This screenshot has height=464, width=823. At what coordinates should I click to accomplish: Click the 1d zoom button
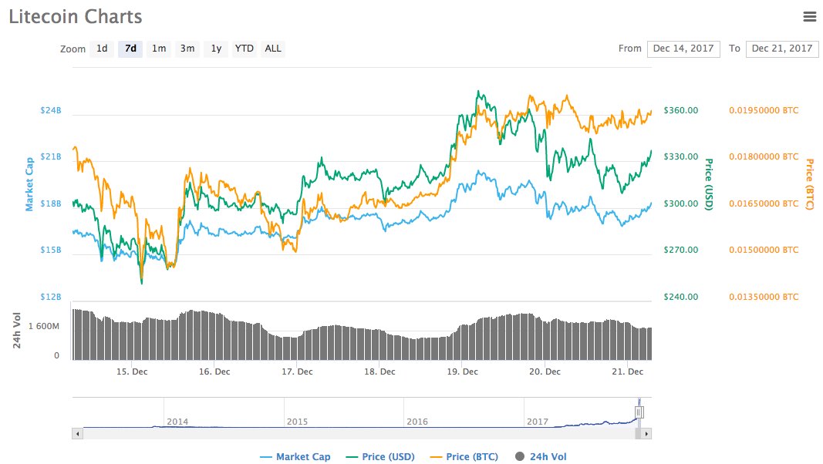click(102, 49)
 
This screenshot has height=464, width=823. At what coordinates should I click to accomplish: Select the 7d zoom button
click(130, 49)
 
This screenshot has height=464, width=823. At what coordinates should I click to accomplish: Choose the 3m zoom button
click(187, 49)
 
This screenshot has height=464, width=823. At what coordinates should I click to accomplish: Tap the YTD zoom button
click(245, 49)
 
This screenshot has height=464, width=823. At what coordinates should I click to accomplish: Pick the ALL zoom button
click(273, 49)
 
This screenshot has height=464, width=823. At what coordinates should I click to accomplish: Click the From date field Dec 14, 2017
click(683, 49)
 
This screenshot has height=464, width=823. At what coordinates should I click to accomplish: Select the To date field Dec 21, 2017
click(782, 49)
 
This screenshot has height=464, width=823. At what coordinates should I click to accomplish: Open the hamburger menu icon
click(809, 16)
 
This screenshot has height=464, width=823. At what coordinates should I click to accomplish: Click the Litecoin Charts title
click(76, 16)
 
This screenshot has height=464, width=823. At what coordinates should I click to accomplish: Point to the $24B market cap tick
click(51, 110)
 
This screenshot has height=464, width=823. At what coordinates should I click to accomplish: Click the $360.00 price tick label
click(681, 110)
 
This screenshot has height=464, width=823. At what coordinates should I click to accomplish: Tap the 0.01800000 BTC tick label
click(764, 156)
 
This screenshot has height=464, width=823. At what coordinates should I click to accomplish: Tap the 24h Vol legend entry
click(540, 457)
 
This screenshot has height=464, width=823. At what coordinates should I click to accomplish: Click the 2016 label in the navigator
click(417, 422)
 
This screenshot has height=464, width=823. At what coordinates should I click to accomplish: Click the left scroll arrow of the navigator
click(76, 434)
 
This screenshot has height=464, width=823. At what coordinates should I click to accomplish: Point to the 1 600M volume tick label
click(45, 326)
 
